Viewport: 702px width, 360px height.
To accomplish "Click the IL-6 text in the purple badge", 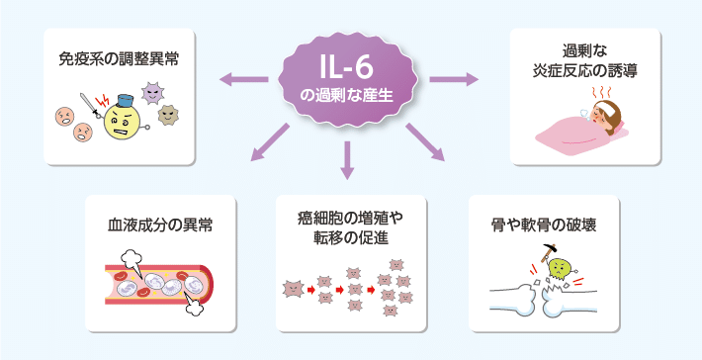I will click(350, 66).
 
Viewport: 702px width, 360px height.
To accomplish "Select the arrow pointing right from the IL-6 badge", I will click(454, 78).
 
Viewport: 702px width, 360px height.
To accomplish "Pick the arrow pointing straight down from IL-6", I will click(347, 160).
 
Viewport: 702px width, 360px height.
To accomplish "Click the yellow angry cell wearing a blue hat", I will click(122, 123).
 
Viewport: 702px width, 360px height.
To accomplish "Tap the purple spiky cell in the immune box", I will click(156, 94).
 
